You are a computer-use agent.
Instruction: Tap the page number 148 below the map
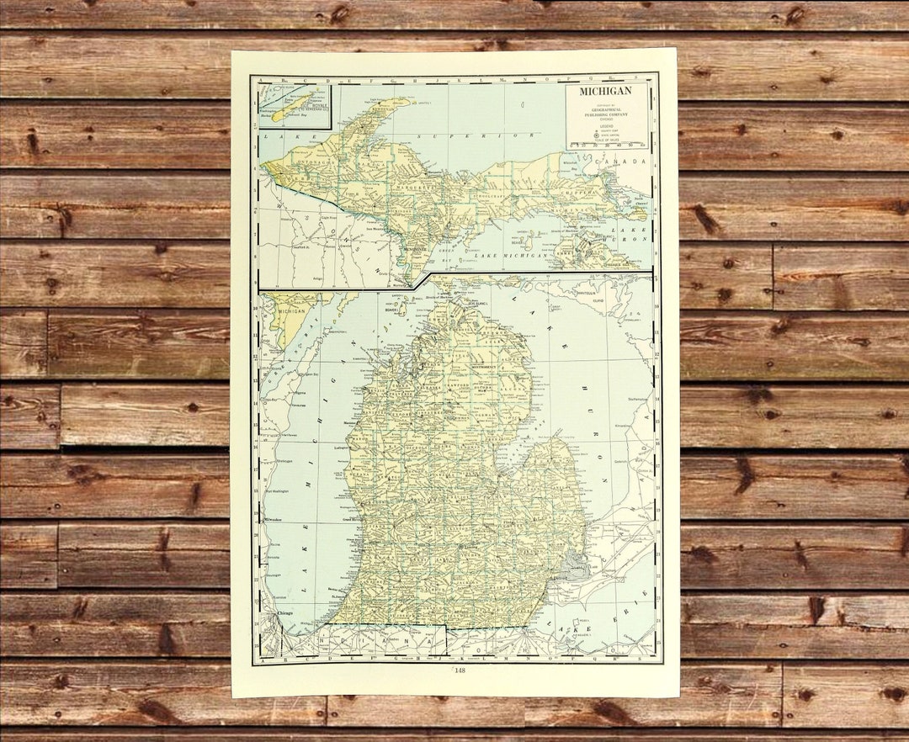[x=460, y=670]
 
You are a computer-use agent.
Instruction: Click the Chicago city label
[x=284, y=613]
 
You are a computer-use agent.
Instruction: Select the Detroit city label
[x=562, y=579]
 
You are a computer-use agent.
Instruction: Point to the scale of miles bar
[x=608, y=144]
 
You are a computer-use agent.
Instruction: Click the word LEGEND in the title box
[x=607, y=126]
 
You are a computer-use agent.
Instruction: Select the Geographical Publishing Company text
[x=607, y=109]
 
